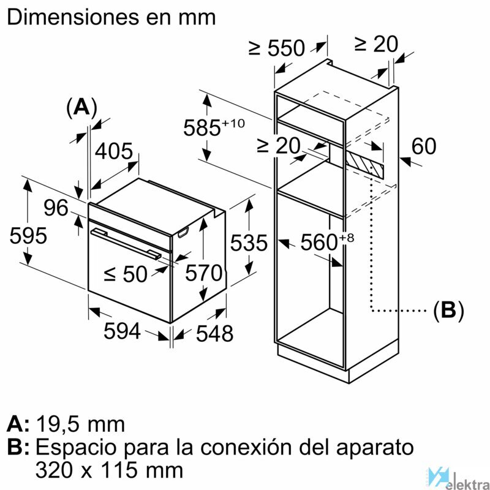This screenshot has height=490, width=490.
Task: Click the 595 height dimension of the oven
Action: (28, 235)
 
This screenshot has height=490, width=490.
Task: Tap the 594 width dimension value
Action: (122, 331)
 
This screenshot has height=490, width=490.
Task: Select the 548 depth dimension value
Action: (214, 333)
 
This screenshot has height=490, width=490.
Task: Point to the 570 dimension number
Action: (203, 273)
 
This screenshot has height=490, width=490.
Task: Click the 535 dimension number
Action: (249, 243)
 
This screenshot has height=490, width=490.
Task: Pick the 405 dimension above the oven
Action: (114, 151)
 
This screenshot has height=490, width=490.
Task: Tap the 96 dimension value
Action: (56, 208)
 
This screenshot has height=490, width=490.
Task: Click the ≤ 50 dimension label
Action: (126, 274)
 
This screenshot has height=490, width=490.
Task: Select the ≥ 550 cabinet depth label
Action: (277, 48)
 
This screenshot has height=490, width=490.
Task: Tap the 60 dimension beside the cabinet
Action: (423, 146)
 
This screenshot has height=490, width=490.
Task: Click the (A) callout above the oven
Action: (82, 108)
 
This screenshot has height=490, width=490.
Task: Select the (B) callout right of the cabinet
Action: (449, 311)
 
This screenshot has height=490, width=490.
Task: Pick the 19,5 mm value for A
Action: (81, 424)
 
